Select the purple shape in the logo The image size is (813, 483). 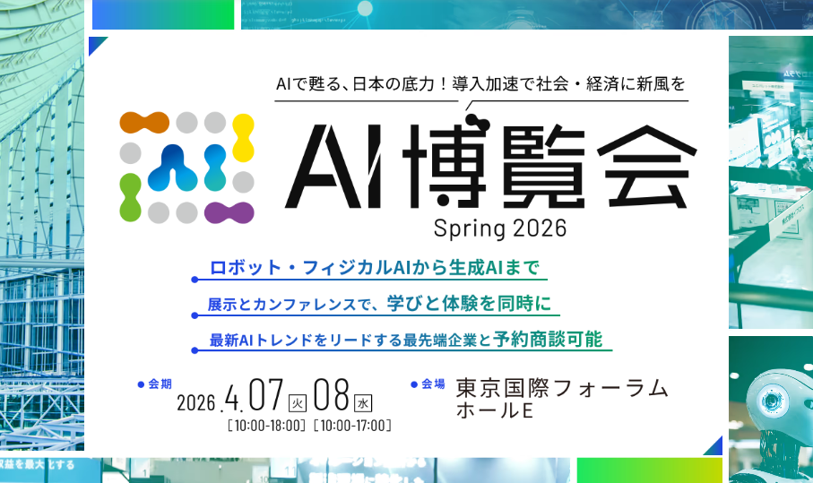click(x=229, y=212)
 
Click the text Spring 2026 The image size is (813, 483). click(x=500, y=229)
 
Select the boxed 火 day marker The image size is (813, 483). click(x=297, y=402)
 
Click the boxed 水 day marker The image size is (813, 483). click(x=363, y=402)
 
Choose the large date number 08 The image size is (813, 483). click(x=331, y=395)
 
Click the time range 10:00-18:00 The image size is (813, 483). click(x=267, y=425)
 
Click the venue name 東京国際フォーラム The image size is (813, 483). click(x=562, y=389)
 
